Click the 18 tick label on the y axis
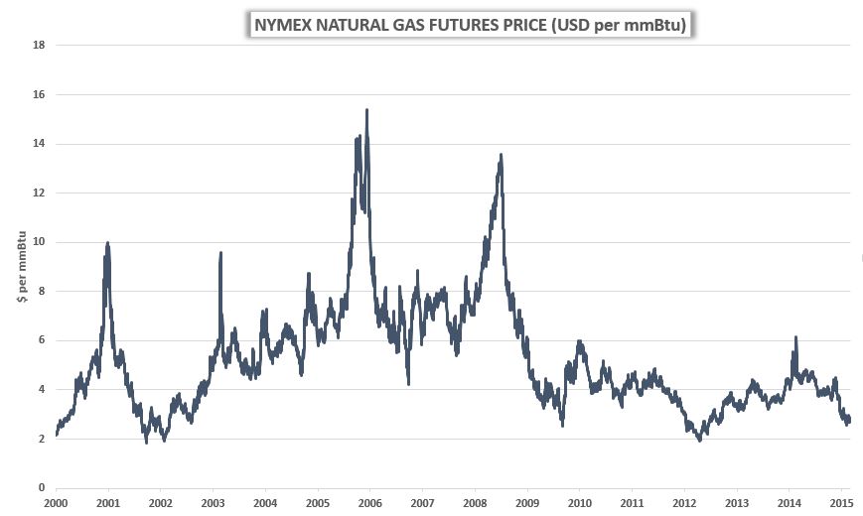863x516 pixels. click(x=40, y=45)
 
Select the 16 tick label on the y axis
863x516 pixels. click(x=40, y=94)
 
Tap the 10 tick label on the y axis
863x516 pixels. click(x=40, y=242)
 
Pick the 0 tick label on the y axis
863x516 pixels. click(x=43, y=488)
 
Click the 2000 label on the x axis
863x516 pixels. click(x=56, y=504)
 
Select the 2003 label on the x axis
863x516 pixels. click(x=213, y=504)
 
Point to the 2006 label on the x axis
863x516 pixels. click(x=369, y=504)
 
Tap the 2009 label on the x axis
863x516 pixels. click(x=526, y=504)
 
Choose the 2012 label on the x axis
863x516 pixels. click(x=683, y=504)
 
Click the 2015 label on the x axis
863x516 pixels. click(x=840, y=504)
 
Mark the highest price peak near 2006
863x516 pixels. click(x=367, y=110)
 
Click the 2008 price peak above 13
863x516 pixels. click(x=501, y=155)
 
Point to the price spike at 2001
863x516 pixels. click(x=107, y=243)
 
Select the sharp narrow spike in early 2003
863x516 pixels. click(x=220, y=253)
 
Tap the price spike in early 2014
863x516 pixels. click(x=795, y=337)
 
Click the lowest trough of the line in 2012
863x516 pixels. click(x=699, y=439)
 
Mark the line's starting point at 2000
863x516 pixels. click(x=57, y=434)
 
